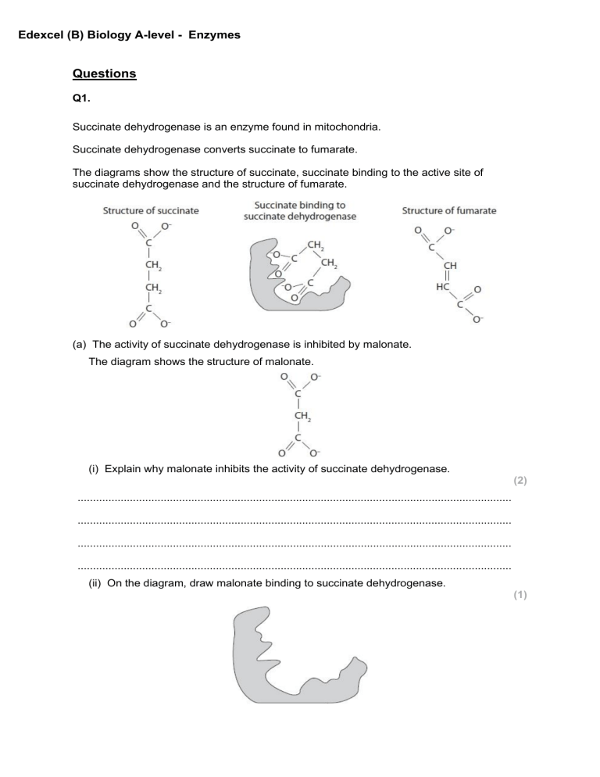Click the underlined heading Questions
pos(104,74)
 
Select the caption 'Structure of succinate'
pos(151,210)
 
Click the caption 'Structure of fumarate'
pos(448,210)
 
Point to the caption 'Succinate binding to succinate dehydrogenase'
pos(300,210)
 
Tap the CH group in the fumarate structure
pos(451,266)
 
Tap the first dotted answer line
pos(295,498)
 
